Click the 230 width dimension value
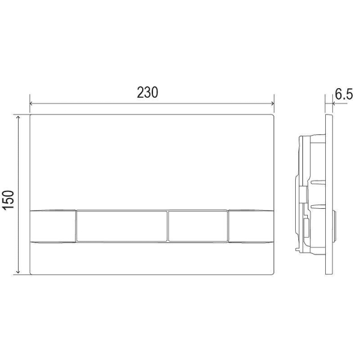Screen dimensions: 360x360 tap(148, 92)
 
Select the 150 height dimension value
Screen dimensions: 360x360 tap(8, 200)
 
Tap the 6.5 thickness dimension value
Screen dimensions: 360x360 tap(344, 94)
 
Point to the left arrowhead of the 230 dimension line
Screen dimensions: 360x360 tap(31, 104)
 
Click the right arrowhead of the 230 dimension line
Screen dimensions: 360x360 tap(272, 104)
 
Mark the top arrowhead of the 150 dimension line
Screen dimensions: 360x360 tap(19, 118)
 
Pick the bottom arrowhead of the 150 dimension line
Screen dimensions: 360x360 tap(19, 272)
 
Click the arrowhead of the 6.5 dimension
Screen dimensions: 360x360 tap(334, 104)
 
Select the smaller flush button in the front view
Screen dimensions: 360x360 tap(198, 226)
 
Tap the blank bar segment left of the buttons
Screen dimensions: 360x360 tap(53, 226)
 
